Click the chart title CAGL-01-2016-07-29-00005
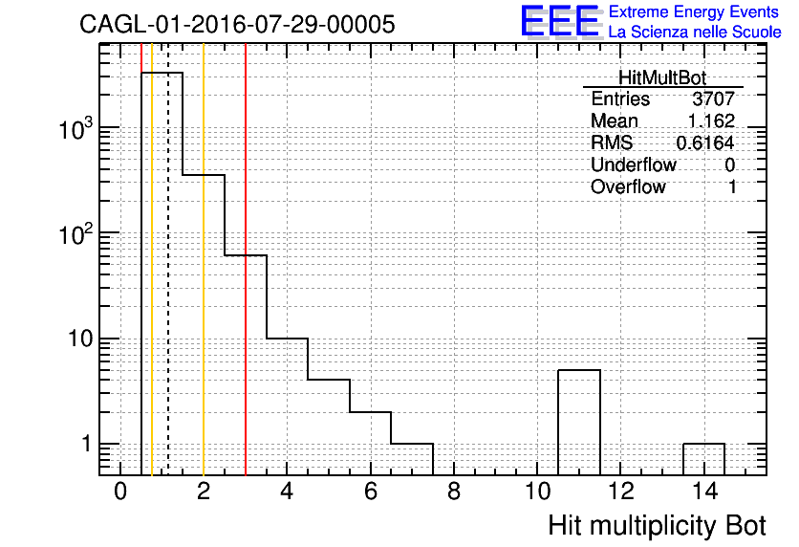tap(237, 24)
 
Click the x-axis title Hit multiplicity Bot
tap(657, 526)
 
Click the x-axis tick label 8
tap(454, 492)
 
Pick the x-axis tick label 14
tap(704, 492)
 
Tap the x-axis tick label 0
tap(120, 492)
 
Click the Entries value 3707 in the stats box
tap(713, 98)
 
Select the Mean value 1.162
tap(711, 120)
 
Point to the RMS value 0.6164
tap(705, 143)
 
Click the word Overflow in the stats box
tap(628, 187)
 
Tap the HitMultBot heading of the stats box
tap(662, 77)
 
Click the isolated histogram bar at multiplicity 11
tap(579, 370)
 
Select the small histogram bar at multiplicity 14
tap(703, 444)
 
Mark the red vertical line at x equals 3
tap(246, 259)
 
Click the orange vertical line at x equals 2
tap(204, 259)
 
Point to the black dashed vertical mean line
tap(168, 259)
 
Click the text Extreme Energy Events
tap(694, 11)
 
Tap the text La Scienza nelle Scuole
tap(695, 33)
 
